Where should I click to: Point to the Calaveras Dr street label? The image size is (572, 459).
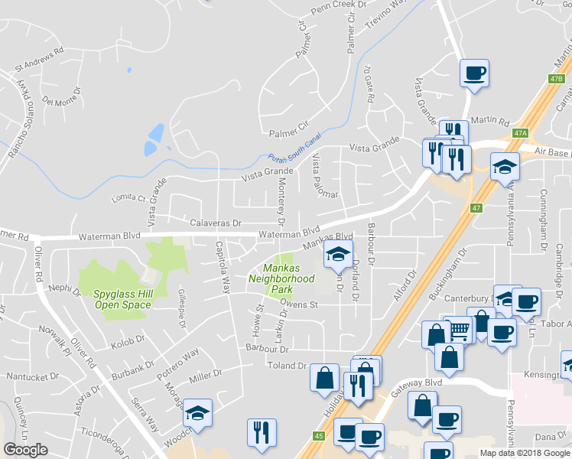(216, 223)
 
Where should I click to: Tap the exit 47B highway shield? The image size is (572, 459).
(555, 78)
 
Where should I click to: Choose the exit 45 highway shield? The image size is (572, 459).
(317, 435)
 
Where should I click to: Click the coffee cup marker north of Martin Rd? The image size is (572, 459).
(474, 73)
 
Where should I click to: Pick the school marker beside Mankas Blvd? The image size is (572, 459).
(338, 255)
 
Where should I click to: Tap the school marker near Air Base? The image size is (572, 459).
(505, 166)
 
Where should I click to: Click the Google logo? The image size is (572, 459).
(26, 450)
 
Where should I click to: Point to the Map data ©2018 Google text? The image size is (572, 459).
(525, 453)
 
